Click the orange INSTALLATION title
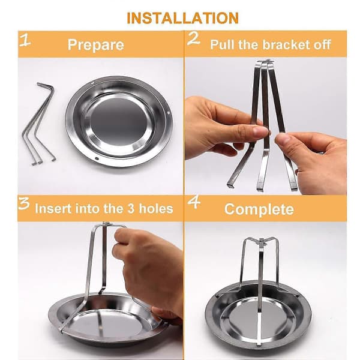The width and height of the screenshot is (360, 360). coord(182,18)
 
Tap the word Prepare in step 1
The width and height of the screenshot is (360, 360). coord(96,45)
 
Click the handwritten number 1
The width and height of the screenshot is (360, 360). coord(25,40)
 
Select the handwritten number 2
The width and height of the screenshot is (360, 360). coord(193,38)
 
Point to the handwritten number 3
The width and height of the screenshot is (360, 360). coord(24,203)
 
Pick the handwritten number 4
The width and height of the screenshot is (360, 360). coord(194,202)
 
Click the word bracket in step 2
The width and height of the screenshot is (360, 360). coord(286,44)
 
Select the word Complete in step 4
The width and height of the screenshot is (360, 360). coord(259,209)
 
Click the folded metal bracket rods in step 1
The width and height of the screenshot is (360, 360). coord(38,124)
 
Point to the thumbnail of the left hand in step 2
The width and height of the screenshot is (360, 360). coord(260,132)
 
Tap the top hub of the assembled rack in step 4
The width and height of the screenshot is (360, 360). coord(262,241)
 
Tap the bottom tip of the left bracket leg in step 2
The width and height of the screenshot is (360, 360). coord(230,185)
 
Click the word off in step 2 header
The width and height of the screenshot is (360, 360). coord(322,44)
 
